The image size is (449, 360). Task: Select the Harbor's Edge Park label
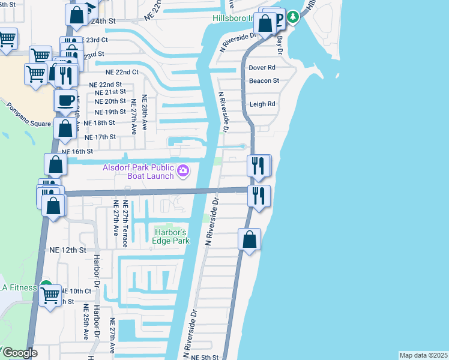click(x=172, y=236)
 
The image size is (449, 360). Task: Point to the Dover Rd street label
click(x=262, y=68)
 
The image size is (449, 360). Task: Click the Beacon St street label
click(x=264, y=80)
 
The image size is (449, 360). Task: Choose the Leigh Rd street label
click(x=262, y=104)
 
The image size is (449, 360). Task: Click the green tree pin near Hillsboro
click(x=292, y=17)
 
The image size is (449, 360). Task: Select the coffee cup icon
click(x=65, y=100)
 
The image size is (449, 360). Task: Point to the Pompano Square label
click(x=29, y=116)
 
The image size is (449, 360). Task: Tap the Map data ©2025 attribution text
click(x=424, y=355)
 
